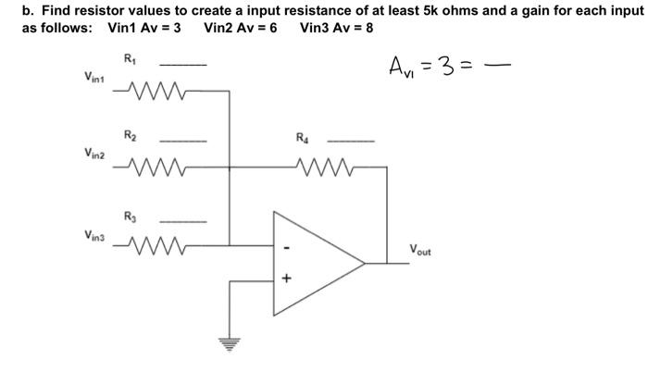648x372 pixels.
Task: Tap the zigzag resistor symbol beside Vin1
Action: pyautogui.click(x=145, y=93)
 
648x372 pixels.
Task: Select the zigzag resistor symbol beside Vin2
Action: pyautogui.click(x=145, y=168)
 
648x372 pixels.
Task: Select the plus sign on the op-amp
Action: pyautogui.click(x=286, y=277)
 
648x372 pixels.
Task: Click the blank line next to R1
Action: pyautogui.click(x=178, y=65)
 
